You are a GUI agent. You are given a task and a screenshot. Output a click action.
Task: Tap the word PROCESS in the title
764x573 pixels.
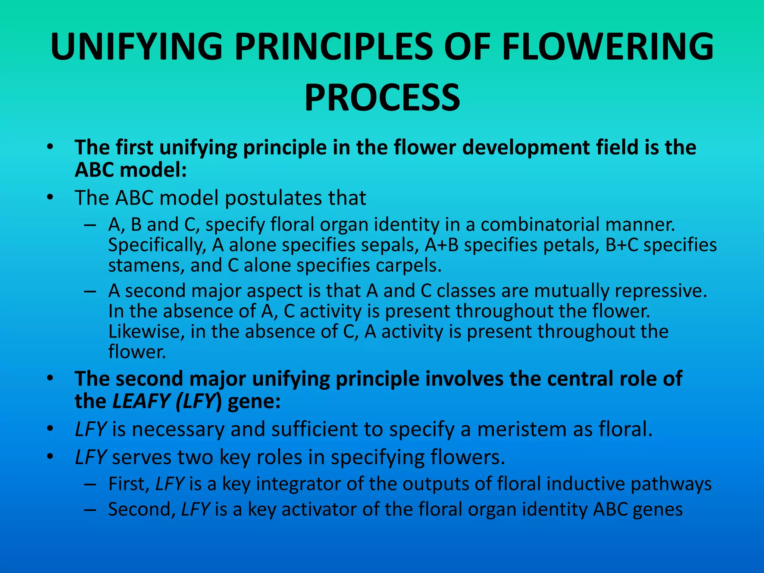point(382,98)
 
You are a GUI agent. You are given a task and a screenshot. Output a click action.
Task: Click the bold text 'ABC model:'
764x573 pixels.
point(131,170)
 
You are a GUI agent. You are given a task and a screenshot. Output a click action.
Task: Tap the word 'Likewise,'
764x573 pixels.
point(146,332)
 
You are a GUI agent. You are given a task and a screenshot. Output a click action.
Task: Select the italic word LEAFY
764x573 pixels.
point(141,401)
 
